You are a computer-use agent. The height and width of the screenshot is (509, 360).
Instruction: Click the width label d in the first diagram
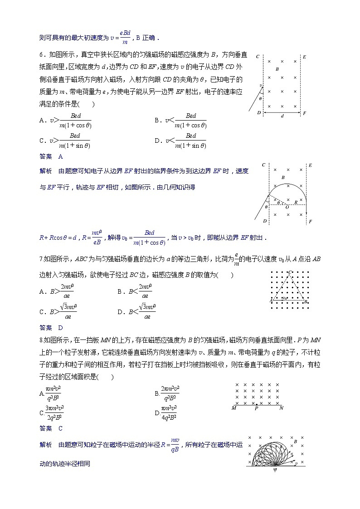[x=282, y=116]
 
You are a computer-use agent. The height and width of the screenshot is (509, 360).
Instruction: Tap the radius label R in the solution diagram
[x=296, y=202]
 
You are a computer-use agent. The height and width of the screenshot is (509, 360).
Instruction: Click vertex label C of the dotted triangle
[x=290, y=272]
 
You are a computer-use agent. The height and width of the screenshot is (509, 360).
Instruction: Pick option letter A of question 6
[x=42, y=121]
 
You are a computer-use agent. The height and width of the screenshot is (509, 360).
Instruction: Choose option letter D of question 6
[x=156, y=141]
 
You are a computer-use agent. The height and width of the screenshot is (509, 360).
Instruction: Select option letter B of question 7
[x=120, y=291]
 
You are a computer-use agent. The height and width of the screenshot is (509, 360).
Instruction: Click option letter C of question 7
[x=42, y=312]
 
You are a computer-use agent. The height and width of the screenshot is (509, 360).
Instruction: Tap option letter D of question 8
[x=156, y=413]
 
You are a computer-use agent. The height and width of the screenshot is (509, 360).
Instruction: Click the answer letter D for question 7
[x=60, y=328]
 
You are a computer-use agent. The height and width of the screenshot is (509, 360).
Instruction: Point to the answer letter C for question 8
[x=60, y=428]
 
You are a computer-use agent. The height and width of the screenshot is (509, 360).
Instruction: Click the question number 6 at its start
[x=41, y=55]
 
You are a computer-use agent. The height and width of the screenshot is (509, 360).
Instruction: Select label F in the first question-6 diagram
[x=305, y=112]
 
